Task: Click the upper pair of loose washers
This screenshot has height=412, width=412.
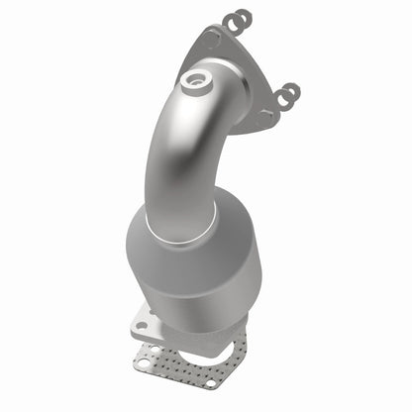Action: click(x=237, y=21)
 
